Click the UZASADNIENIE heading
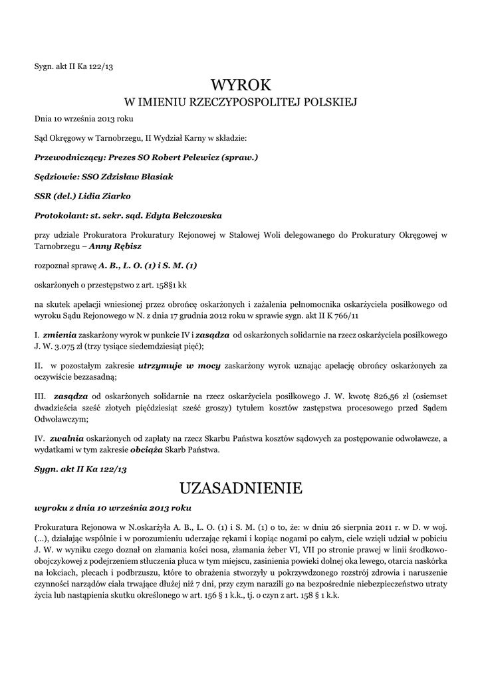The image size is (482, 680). [241, 489]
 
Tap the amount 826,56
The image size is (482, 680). [363, 397]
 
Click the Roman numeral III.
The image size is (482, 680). [39, 397]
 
